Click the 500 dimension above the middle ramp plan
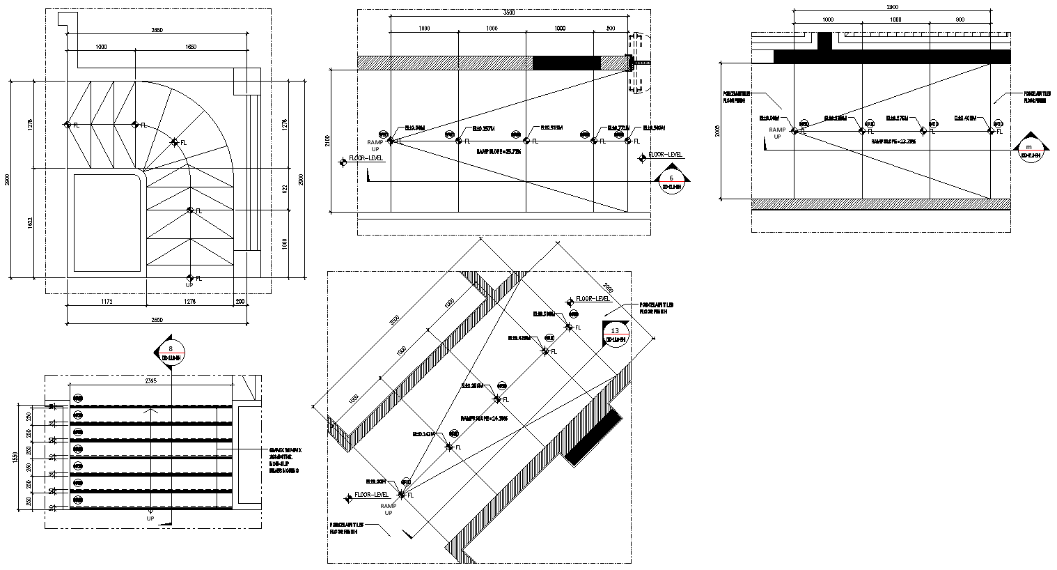point(611,28)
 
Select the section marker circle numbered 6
point(671,182)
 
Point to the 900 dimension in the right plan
point(960,20)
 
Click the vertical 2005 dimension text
point(718,130)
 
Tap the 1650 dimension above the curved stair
point(190,47)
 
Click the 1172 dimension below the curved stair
point(107,302)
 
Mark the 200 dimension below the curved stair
point(240,302)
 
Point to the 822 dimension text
point(285,188)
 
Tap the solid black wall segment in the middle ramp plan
point(566,63)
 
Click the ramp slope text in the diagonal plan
point(484,418)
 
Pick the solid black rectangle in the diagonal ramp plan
point(593,438)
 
